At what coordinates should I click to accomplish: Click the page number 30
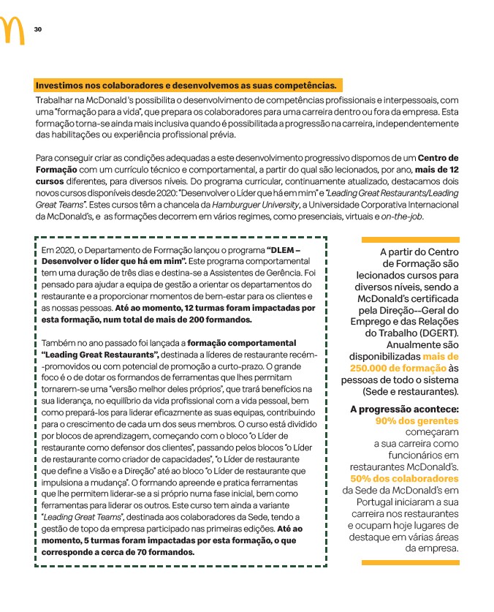coord(38,29)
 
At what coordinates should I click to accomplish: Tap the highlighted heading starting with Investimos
coord(186,85)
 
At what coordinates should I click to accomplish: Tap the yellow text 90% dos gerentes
coord(417,421)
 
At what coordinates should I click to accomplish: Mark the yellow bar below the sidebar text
coord(410,562)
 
